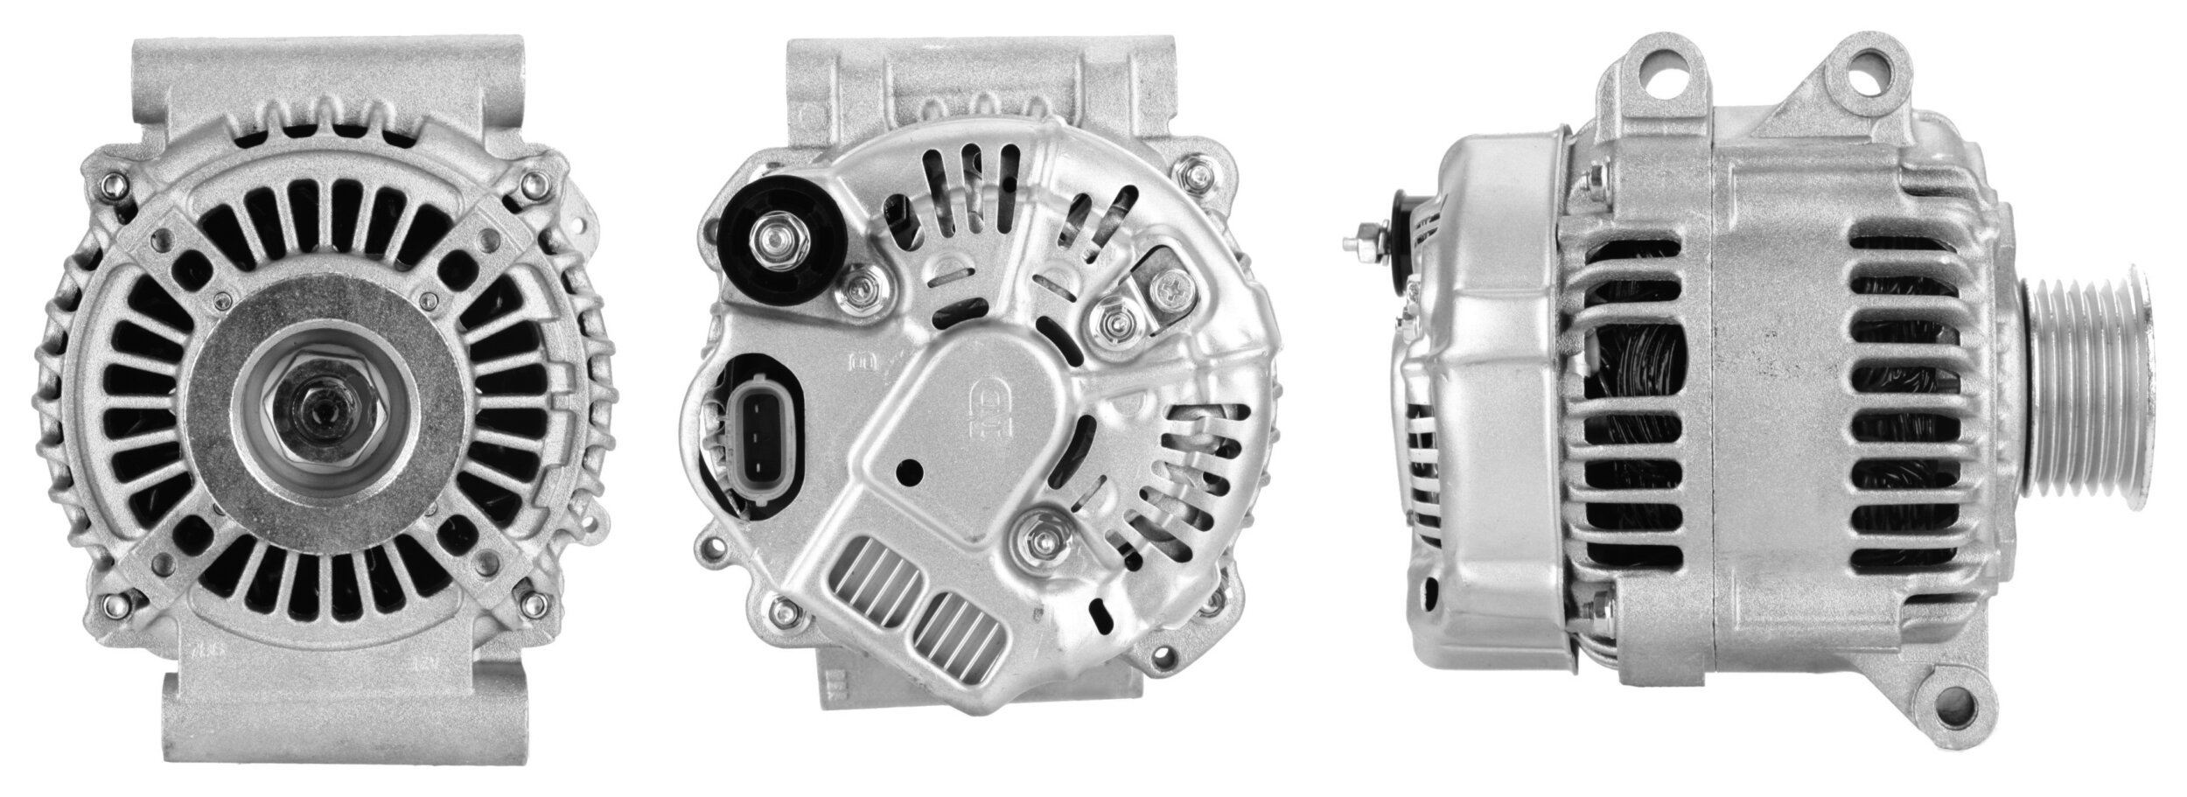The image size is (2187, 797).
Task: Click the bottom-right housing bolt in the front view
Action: [531, 603]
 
